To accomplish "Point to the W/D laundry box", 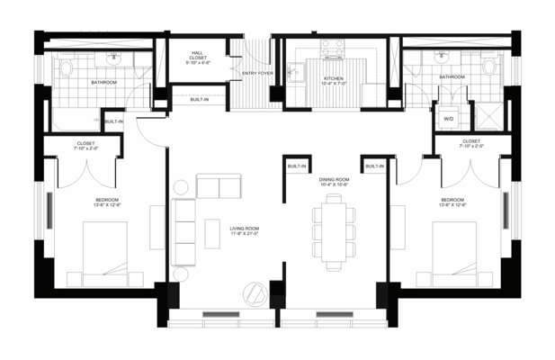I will click(448, 118).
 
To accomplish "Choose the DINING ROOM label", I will click(333, 182).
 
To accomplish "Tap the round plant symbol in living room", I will click(256, 293).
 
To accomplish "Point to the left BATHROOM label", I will click(103, 82).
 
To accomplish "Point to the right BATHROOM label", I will click(452, 77).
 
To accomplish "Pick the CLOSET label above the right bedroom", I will click(471, 144).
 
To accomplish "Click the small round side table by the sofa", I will click(179, 187).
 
